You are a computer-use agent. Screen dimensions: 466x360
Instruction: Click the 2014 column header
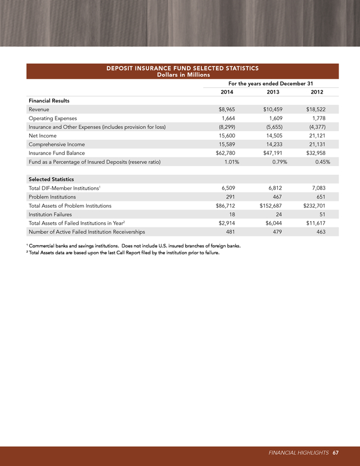tap(227, 92)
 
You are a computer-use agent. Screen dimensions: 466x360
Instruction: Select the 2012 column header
tap(317, 92)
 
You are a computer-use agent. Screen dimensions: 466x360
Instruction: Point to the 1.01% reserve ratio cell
tap(229, 162)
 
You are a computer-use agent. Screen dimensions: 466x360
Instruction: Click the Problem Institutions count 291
tap(231, 197)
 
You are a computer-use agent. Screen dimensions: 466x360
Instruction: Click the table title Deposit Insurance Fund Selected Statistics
tap(182, 68)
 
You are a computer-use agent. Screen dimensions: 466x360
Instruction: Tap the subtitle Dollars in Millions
tap(182, 75)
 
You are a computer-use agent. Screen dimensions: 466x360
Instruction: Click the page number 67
tap(335, 452)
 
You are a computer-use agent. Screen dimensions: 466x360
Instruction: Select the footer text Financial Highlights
tap(298, 452)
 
